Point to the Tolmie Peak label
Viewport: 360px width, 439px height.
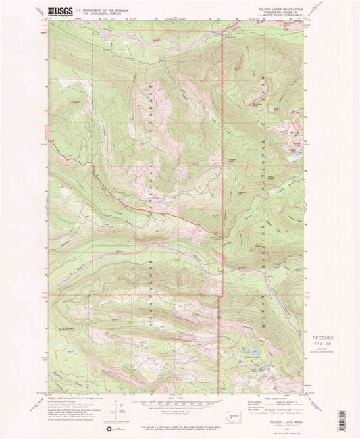[296, 145]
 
